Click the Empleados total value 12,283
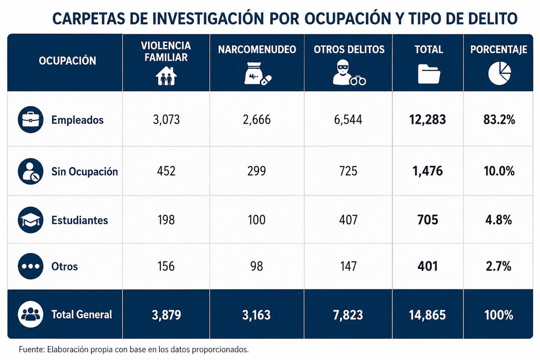tap(427, 120)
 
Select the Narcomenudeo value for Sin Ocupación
tap(257, 171)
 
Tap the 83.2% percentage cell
tap(499, 120)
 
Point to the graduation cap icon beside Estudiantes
tap(31, 220)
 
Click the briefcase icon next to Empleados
tap(31, 120)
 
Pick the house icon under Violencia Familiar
tap(166, 75)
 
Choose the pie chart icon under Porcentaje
tap(499, 73)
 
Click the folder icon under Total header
tap(429, 74)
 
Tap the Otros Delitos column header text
tap(349, 50)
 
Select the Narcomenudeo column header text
tap(257, 50)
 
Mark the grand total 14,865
tap(427, 315)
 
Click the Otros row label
tap(64, 266)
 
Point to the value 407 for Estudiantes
tap(348, 220)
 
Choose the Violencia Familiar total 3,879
tap(166, 315)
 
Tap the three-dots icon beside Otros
tap(31, 266)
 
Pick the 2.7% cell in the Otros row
tap(498, 266)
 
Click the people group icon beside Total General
tap(31, 314)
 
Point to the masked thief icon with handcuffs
tap(349, 73)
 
